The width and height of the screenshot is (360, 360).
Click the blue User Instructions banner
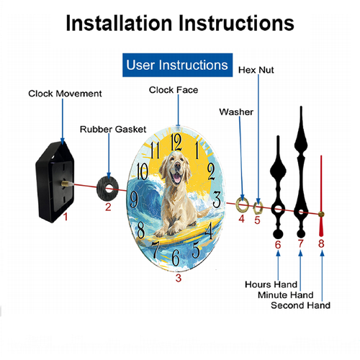177,65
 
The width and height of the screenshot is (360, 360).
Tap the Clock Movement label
65,94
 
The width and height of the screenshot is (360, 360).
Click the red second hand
321,196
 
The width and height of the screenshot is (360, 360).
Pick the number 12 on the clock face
176,142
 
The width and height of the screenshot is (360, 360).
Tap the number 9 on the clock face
134,199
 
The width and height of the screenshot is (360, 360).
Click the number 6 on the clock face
176,258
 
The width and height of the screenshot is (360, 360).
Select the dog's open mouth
177,178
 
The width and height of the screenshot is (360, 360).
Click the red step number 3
179,278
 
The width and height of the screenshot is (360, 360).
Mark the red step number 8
321,243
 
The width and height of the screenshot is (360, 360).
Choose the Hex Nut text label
256,70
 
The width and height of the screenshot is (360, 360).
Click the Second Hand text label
300,305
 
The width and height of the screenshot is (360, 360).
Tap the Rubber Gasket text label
113,130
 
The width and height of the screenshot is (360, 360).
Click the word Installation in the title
119,23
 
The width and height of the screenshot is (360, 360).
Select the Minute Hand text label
286,294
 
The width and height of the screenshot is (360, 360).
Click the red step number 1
66,217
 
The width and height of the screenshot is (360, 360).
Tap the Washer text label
236,112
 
